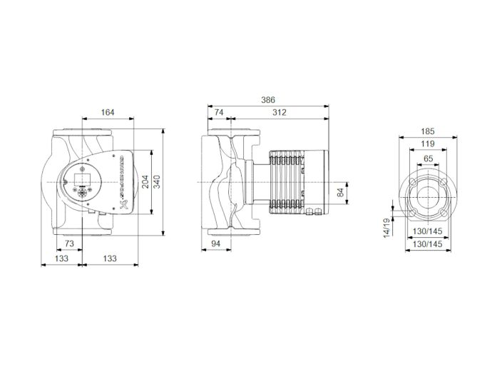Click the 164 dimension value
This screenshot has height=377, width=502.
(108, 112)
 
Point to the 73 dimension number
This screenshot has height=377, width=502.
(70, 244)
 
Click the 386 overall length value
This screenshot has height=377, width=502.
(267, 101)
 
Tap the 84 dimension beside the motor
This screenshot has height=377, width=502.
(340, 191)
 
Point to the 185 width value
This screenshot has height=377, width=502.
(428, 132)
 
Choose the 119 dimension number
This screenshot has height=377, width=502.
(428, 145)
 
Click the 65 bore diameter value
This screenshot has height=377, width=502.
(428, 158)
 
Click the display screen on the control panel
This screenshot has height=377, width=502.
(80, 176)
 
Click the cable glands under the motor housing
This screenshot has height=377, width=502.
(314, 209)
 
